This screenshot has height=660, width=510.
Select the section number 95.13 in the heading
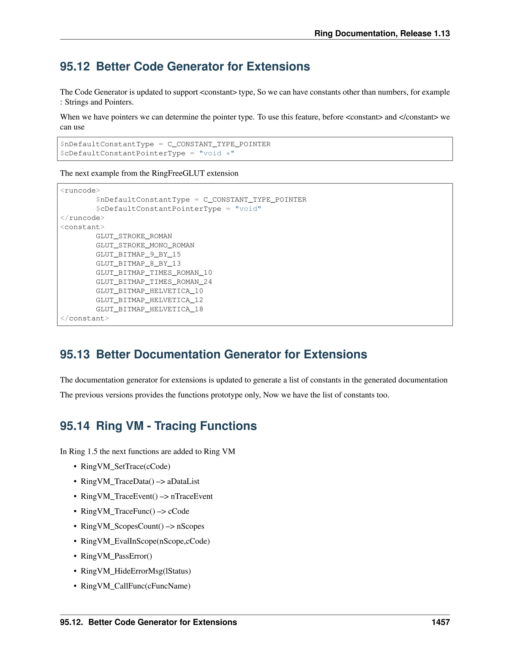pyautogui.click(x=75, y=354)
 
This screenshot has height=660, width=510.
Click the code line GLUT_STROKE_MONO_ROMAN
pyautogui.click(x=145, y=245)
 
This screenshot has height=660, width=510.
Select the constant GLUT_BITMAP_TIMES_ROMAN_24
pyautogui.click(x=154, y=282)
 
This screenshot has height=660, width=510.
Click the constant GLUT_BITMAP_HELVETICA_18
pyautogui.click(x=149, y=309)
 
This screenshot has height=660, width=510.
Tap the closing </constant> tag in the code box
pyautogui.click(x=84, y=318)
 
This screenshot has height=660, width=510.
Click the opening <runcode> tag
pyautogui.click(x=80, y=190)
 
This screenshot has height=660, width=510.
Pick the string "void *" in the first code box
pyautogui.click(x=217, y=153)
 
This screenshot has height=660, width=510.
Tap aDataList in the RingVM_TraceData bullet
pyautogui.click(x=183, y=481)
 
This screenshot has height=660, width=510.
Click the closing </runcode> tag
pyautogui.click(x=82, y=218)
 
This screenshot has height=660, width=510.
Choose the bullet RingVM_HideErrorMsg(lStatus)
pyautogui.click(x=135, y=571)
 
